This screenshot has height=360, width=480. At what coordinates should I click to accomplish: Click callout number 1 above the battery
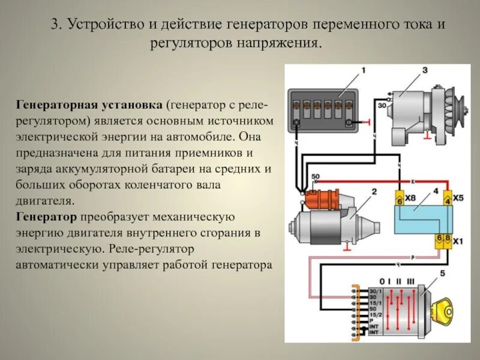click(362, 71)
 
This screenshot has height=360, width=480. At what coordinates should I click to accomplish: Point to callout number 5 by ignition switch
click(443, 274)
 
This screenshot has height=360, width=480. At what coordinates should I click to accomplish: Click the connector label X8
click(410, 198)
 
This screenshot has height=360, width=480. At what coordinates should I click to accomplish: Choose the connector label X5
click(458, 198)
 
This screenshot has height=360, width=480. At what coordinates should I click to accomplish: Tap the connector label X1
click(458, 242)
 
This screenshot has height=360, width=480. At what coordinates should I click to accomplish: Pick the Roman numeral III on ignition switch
click(410, 281)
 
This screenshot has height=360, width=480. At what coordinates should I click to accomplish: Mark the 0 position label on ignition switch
click(381, 281)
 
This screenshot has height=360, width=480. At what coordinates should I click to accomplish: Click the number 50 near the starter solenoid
click(316, 176)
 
